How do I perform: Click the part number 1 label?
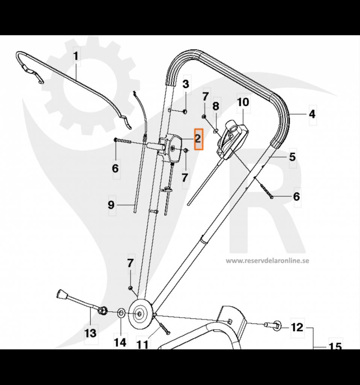(76, 56)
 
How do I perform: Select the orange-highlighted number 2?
(198, 139)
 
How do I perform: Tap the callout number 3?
(186, 84)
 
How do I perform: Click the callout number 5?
(292, 156)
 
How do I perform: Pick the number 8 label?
(215, 106)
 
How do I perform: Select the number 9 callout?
(111, 205)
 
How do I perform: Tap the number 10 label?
(243, 102)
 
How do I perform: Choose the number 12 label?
(297, 327)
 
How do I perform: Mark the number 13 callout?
(90, 333)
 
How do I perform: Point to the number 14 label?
(120, 343)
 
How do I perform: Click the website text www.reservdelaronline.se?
(267, 260)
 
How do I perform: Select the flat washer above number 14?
(121, 312)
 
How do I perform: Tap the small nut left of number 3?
(185, 111)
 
